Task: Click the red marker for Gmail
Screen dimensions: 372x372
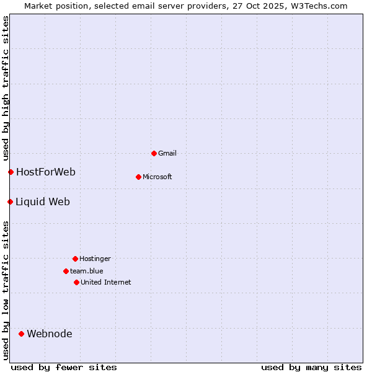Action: point(154,153)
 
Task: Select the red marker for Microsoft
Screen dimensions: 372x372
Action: point(138,177)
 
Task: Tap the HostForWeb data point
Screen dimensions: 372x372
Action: point(11,172)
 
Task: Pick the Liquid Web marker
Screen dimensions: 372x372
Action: point(10,201)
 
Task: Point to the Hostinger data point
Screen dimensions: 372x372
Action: point(75,259)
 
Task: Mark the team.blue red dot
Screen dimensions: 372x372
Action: point(66,271)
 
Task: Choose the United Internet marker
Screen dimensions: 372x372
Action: point(76,282)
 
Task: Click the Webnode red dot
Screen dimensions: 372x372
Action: point(21,334)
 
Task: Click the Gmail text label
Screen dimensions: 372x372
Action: point(167,153)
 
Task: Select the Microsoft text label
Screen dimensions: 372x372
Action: point(157,177)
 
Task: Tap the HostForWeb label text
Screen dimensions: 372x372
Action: point(46,172)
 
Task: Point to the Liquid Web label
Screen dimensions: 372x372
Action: point(43,201)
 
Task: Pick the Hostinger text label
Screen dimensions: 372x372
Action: point(95,259)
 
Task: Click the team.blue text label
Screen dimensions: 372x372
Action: point(87,271)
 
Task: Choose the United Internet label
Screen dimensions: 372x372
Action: point(106,282)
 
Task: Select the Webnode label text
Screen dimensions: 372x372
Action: point(50,334)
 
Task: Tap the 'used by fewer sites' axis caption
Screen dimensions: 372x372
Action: point(64,367)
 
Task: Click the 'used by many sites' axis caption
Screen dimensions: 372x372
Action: point(311,367)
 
